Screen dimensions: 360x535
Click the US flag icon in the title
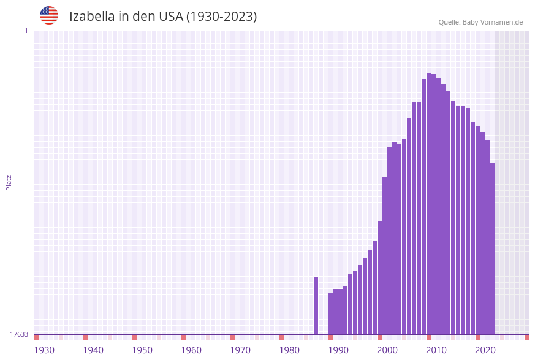tap(49, 15)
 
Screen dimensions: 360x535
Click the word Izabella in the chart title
tap(94, 17)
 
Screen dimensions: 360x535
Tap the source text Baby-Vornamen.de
tap(492, 22)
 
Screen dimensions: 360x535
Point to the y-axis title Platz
tap(9, 182)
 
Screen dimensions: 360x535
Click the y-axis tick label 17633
tap(19, 334)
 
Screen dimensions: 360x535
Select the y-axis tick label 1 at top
tap(26, 31)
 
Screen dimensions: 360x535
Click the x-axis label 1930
tap(44, 350)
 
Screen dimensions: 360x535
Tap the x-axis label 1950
tap(142, 350)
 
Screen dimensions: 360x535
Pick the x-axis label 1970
tap(240, 350)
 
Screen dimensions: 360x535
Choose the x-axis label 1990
tap(338, 350)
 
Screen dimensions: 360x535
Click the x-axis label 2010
tap(436, 350)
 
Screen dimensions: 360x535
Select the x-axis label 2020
tap(485, 350)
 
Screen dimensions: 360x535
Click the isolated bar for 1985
tap(316, 305)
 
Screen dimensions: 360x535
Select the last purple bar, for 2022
tap(492, 248)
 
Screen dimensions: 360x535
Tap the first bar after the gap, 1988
tap(331, 313)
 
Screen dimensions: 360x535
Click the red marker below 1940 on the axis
tap(85, 337)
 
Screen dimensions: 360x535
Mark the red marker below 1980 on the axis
tap(281, 337)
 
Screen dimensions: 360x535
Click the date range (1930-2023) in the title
tap(221, 17)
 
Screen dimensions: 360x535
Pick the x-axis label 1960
tap(191, 350)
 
